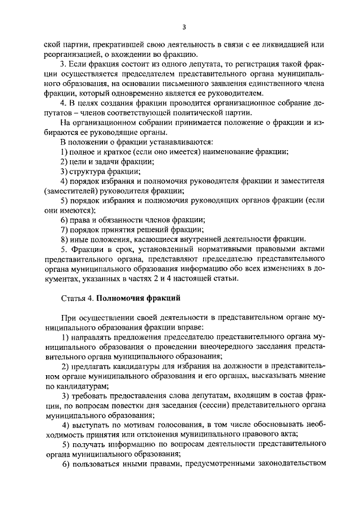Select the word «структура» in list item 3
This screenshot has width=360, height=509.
(x=88, y=172)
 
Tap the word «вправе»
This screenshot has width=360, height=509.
(x=180, y=327)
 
